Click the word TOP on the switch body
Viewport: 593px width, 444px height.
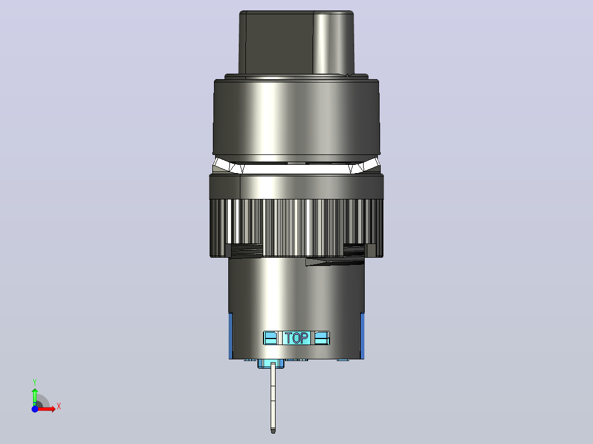(296, 338)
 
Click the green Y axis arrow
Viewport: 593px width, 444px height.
(35, 397)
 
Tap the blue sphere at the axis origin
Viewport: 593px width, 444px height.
(35, 409)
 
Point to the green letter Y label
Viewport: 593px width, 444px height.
(35, 382)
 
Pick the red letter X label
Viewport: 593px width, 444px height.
(59, 407)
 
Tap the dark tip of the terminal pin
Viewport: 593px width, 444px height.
(273, 430)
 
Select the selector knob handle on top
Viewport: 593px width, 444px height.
(296, 42)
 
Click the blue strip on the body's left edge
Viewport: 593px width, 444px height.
(230, 336)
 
